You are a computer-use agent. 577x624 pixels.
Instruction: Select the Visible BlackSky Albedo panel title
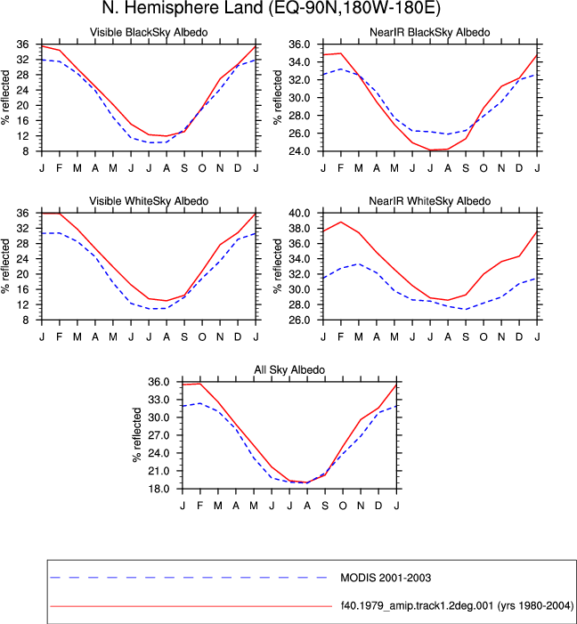tap(149, 32)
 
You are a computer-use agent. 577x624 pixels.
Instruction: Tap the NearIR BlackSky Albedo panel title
tap(430, 32)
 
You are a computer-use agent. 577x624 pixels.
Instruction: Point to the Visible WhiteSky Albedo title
tap(149, 201)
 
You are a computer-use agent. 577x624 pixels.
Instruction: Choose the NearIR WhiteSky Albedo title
tap(430, 201)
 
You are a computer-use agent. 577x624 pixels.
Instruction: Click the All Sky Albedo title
tap(289, 369)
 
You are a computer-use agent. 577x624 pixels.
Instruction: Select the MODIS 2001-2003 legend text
tap(386, 578)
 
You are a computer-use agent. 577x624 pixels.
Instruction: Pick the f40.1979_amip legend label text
tap(457, 605)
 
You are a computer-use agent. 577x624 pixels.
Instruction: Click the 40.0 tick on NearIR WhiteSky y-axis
tap(299, 214)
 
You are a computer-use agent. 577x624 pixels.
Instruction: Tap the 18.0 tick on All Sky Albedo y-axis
tap(158, 489)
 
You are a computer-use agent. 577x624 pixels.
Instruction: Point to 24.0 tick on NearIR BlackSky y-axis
tap(299, 151)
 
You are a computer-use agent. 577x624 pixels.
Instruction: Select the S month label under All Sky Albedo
tap(325, 506)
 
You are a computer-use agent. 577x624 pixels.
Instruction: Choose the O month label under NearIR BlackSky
tap(484, 168)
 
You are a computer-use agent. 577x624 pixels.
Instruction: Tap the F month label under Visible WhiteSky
tap(60, 337)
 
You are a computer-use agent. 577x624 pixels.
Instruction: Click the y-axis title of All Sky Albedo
tap(137, 434)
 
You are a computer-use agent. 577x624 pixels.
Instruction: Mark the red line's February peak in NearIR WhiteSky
tap(341, 222)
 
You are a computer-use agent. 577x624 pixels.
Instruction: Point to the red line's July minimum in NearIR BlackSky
tap(430, 150)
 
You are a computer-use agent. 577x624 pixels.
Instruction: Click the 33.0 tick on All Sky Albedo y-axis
tap(158, 400)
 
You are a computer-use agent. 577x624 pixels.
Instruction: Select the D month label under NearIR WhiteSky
tap(519, 337)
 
